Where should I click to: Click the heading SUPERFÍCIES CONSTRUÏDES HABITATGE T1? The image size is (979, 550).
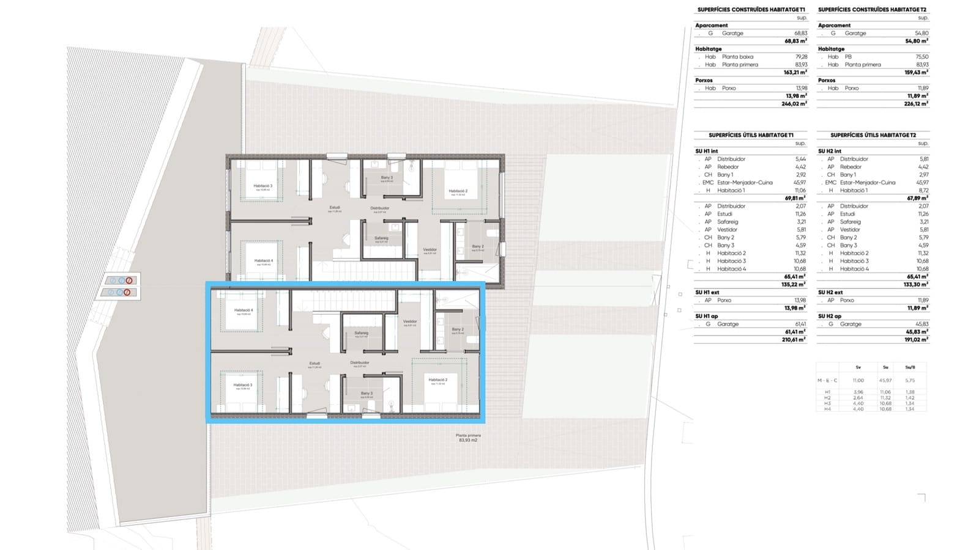tap(751, 10)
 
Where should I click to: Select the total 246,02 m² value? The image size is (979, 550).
tap(794, 104)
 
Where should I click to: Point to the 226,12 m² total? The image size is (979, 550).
tap(916, 104)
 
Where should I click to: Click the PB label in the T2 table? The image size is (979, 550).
tap(848, 57)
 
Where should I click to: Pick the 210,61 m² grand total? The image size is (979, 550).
tap(794, 339)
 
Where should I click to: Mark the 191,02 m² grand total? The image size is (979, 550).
tap(916, 339)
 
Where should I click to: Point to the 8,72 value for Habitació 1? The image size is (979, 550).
tap(923, 191)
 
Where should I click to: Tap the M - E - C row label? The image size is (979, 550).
tap(827, 380)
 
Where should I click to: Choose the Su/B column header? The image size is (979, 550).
tap(909, 367)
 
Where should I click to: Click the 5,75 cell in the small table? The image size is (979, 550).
tap(909, 380)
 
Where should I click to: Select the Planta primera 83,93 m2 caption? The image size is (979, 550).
tap(468, 438)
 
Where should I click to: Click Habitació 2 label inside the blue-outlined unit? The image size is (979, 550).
tap(437, 380)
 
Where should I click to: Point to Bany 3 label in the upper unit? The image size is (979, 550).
tap(387, 178)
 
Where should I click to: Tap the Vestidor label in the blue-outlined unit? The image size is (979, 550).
tap(410, 321)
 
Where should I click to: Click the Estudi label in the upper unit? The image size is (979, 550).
tap(335, 207)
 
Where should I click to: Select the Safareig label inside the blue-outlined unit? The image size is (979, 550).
tap(361, 333)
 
